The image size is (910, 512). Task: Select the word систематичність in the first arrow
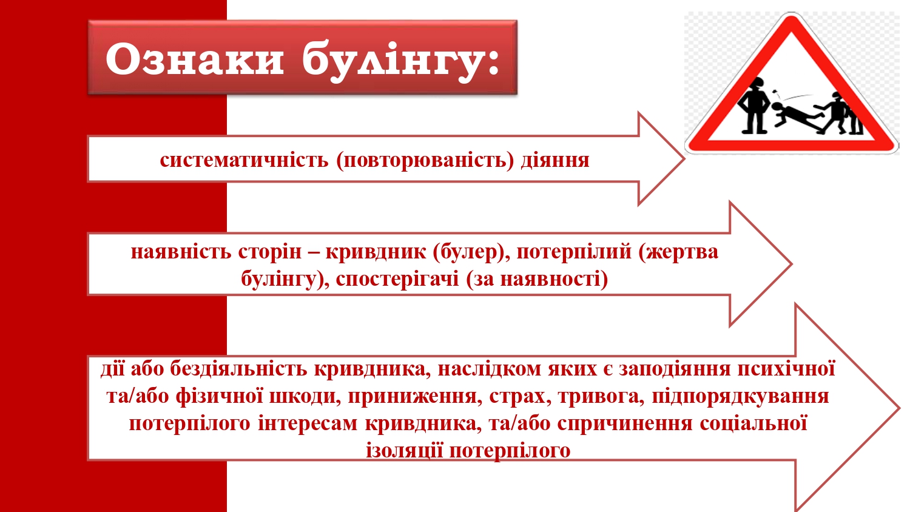pos(244,160)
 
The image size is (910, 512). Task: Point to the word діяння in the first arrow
pos(555,161)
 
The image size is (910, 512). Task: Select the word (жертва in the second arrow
pos(678,252)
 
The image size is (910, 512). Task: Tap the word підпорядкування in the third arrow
pos(740,396)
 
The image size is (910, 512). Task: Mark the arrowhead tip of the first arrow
pos(684,158)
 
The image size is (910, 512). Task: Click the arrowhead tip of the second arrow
pos(792,264)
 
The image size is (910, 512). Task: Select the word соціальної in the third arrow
pos(753,423)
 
